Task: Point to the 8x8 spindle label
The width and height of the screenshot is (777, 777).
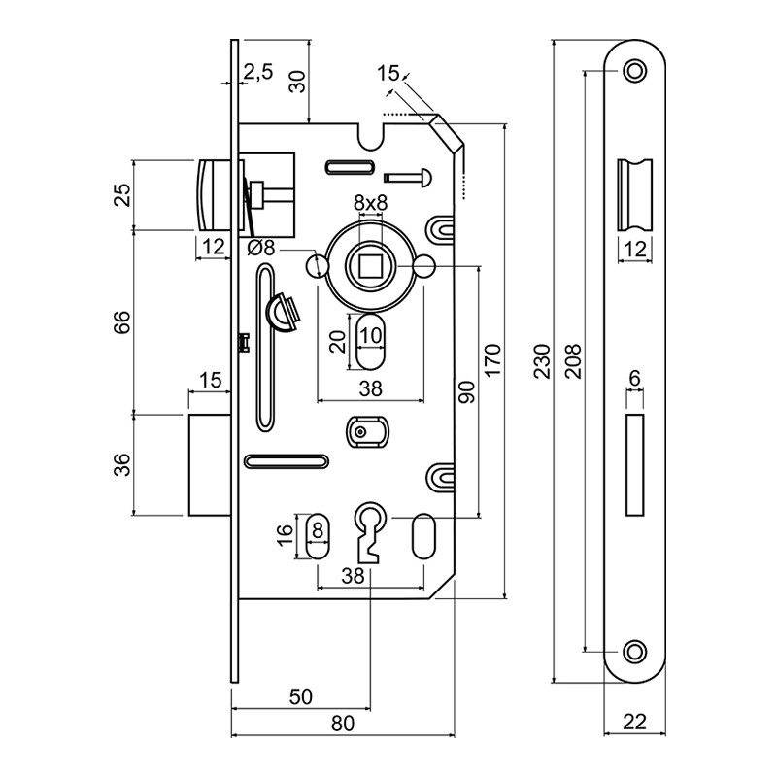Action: coord(370,203)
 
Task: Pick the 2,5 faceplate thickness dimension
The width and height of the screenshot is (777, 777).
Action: coord(258,71)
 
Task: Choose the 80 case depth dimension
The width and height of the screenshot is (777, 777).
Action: coord(343,725)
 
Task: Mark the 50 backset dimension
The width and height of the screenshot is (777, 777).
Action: coord(300,696)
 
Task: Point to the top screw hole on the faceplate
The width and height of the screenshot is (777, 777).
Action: coord(635,70)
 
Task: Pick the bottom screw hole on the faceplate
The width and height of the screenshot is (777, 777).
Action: coord(635,650)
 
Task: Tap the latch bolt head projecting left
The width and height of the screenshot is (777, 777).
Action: coord(212,194)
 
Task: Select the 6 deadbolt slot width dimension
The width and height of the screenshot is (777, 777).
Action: coord(634,377)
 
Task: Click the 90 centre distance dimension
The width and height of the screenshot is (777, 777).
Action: coord(466,390)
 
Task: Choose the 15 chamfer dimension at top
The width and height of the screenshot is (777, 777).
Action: coord(388,73)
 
